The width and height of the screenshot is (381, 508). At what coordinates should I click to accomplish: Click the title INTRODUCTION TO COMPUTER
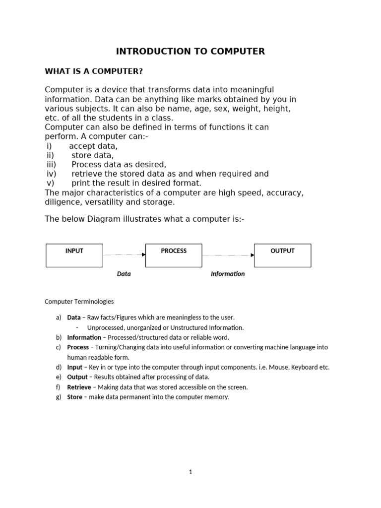point(190,51)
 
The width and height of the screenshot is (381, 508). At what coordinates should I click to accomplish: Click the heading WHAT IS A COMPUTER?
point(94,71)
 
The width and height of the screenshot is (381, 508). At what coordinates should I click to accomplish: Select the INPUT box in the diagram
point(74,255)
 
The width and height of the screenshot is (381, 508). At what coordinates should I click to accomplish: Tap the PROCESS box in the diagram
point(174,255)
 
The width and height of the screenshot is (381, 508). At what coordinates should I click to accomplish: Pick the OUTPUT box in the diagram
point(282,255)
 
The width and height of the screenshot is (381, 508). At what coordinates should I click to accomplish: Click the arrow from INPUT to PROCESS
point(124,254)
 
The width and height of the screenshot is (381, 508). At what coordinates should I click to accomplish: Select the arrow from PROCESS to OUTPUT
point(228,255)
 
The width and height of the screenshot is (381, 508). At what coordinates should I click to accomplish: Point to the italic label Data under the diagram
point(124,274)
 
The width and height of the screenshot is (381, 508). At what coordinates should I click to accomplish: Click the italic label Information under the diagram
point(228,274)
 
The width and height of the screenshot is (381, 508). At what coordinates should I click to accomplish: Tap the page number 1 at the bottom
point(190,472)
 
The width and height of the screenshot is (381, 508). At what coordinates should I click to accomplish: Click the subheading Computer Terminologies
point(79,301)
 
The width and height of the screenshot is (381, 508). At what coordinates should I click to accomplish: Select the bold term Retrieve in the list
point(79,387)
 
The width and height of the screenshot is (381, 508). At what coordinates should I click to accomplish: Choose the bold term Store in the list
point(74,397)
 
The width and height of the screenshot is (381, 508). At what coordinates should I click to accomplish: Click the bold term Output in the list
point(77,377)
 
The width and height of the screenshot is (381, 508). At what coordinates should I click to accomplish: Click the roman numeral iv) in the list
point(52,174)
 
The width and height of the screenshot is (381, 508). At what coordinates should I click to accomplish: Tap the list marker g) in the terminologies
point(59,397)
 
